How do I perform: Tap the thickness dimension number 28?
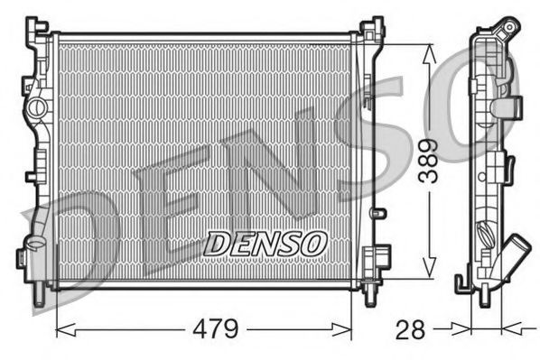pos(409,328)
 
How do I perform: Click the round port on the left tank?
pos(36,107)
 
